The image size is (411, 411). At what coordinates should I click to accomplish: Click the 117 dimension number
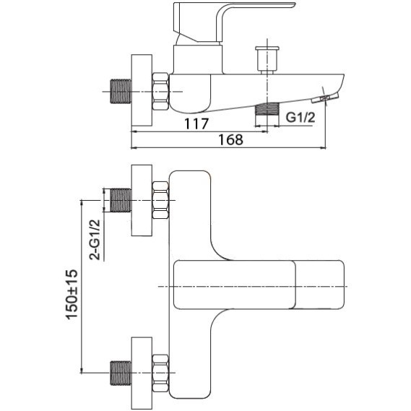(x=196, y=124)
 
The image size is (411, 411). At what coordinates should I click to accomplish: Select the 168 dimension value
(x=230, y=139)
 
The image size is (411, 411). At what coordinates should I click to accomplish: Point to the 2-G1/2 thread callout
(x=95, y=240)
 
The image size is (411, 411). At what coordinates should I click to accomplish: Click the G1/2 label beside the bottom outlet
(x=300, y=117)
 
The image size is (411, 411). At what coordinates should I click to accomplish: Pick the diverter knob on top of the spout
(x=267, y=60)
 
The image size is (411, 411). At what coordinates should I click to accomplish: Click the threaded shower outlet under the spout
(x=267, y=109)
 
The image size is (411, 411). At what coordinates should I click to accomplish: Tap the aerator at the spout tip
(x=325, y=98)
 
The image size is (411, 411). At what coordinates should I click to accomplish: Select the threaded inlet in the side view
(x=121, y=91)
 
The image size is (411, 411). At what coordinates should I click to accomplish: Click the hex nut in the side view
(x=160, y=91)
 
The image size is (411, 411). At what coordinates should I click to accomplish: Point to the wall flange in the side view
(x=142, y=90)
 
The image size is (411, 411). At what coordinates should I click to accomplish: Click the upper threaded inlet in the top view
(x=121, y=200)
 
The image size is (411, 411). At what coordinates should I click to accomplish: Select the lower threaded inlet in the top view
(x=121, y=373)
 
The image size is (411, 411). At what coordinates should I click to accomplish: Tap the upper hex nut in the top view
(x=160, y=200)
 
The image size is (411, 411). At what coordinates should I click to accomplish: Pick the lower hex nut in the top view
(x=160, y=373)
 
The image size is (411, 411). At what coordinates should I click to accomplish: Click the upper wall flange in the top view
(x=142, y=201)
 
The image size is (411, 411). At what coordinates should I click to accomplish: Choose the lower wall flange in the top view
(x=142, y=373)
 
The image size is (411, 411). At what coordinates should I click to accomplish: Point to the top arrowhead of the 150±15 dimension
(x=82, y=202)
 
